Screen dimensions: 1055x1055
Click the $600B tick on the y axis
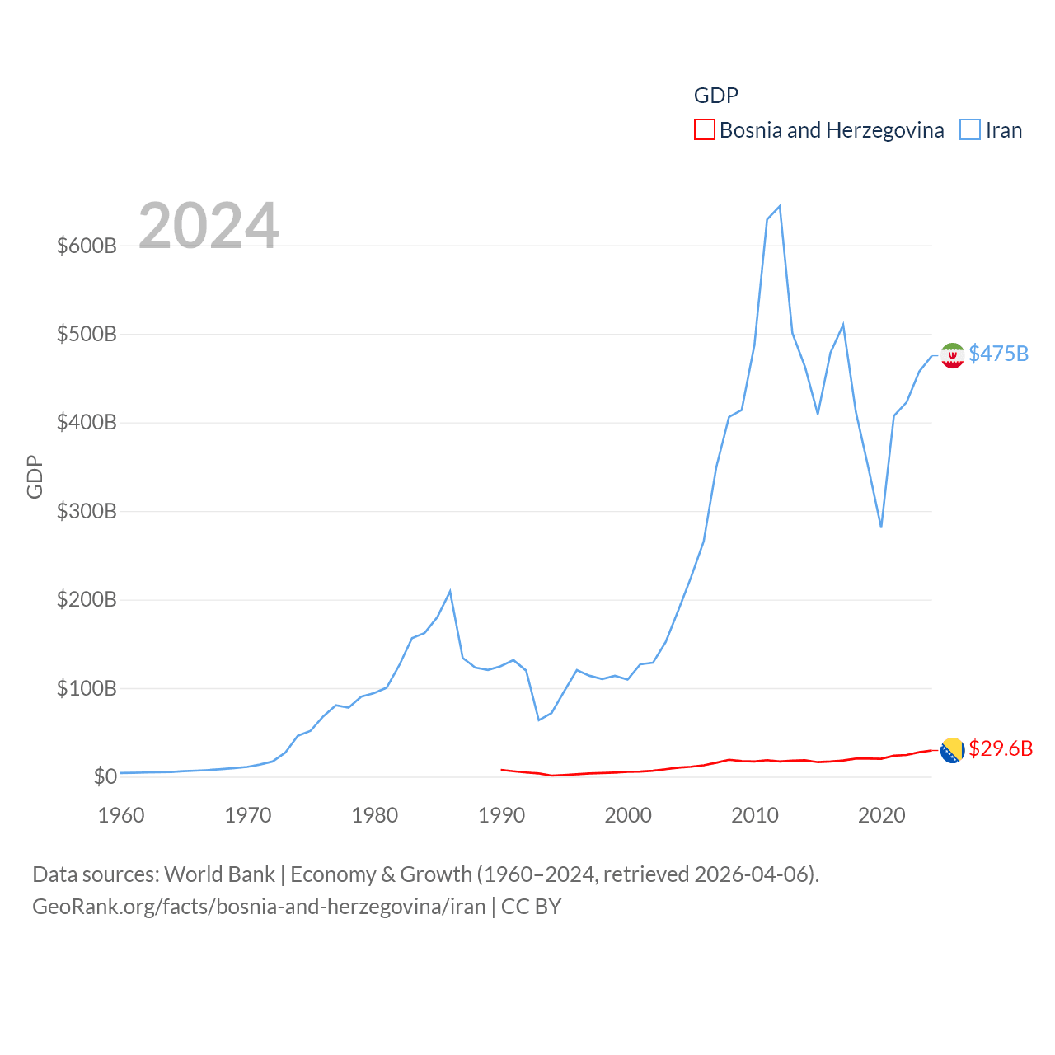click(x=87, y=246)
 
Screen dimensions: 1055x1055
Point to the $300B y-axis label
click(x=87, y=511)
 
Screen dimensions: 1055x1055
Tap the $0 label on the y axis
click(x=105, y=776)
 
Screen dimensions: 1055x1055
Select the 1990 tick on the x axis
click(x=501, y=815)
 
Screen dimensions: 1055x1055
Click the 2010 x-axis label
click(x=755, y=815)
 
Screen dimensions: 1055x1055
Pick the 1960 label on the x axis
click(x=121, y=815)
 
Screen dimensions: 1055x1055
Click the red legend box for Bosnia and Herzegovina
click(x=705, y=130)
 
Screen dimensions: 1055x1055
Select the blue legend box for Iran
click(x=970, y=130)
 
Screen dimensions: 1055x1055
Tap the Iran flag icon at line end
click(x=952, y=355)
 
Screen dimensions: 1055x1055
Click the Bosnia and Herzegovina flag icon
click(x=952, y=750)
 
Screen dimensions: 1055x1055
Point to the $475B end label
click(x=999, y=354)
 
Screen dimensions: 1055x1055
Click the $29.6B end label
click(x=1001, y=748)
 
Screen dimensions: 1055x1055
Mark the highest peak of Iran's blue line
click(x=780, y=206)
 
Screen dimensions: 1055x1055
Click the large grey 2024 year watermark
click(x=209, y=226)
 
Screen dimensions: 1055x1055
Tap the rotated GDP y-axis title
click(x=35, y=477)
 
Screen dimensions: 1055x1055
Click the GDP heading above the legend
click(x=716, y=96)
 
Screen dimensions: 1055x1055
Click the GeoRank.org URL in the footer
click(x=259, y=907)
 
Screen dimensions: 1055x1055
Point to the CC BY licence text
click(x=532, y=907)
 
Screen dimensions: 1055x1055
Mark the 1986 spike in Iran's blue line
click(x=450, y=591)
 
